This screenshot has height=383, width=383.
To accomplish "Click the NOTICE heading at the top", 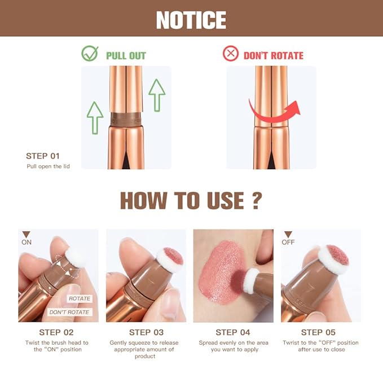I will click(x=191, y=20).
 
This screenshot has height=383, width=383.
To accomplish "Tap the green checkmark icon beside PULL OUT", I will click(x=90, y=54).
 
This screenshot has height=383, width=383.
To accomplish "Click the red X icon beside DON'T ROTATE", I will click(x=230, y=54).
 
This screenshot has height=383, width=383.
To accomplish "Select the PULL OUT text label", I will click(x=126, y=55).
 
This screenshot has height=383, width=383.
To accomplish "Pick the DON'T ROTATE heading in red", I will click(x=273, y=55).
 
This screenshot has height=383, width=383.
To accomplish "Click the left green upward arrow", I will click(x=95, y=117).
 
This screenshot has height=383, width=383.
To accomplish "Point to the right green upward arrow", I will click(x=156, y=95).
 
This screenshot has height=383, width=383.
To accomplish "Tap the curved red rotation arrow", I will click(x=274, y=111).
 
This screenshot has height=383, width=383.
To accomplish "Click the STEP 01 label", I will click(x=42, y=156).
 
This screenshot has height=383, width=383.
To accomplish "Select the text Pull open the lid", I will click(x=48, y=166).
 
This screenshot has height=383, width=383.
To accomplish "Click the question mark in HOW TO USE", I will click(x=257, y=200).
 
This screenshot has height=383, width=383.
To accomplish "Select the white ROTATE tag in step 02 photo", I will click(x=78, y=298).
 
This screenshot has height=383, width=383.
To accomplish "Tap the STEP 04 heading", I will click(x=233, y=332).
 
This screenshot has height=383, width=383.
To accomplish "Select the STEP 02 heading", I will click(x=56, y=332).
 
